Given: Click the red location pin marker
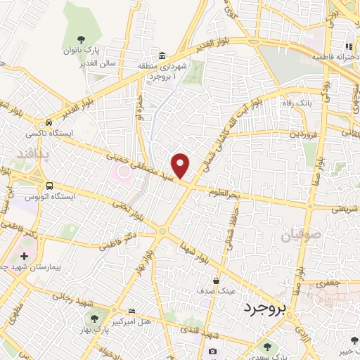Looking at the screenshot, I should pos(181,166).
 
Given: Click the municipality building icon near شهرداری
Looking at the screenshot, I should pos(162,56).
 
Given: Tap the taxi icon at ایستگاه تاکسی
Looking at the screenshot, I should pos(48,121).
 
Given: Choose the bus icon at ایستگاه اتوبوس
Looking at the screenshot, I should pos(49,186).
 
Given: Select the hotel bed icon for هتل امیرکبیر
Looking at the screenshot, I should pos(131,311).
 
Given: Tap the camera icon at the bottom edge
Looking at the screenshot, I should pos(213,351).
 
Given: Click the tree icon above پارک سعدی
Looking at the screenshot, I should pos(266,347).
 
